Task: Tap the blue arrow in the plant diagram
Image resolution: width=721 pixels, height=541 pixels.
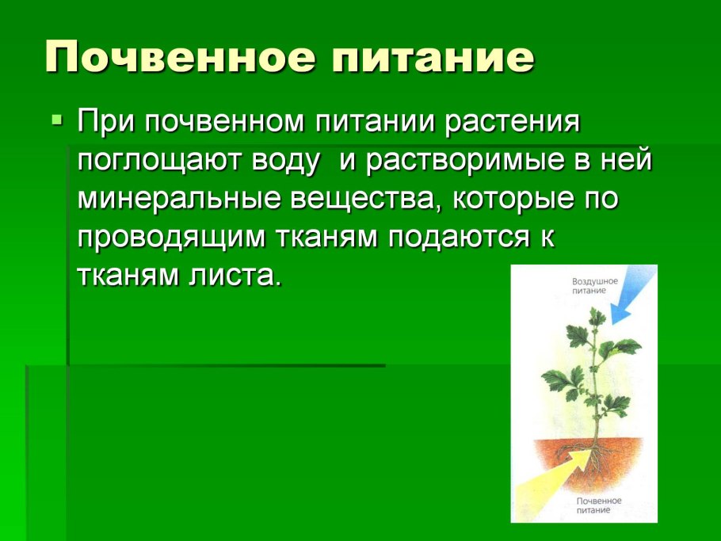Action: pos(632,295)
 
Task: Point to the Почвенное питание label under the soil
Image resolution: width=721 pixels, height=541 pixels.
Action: pos(600,505)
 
